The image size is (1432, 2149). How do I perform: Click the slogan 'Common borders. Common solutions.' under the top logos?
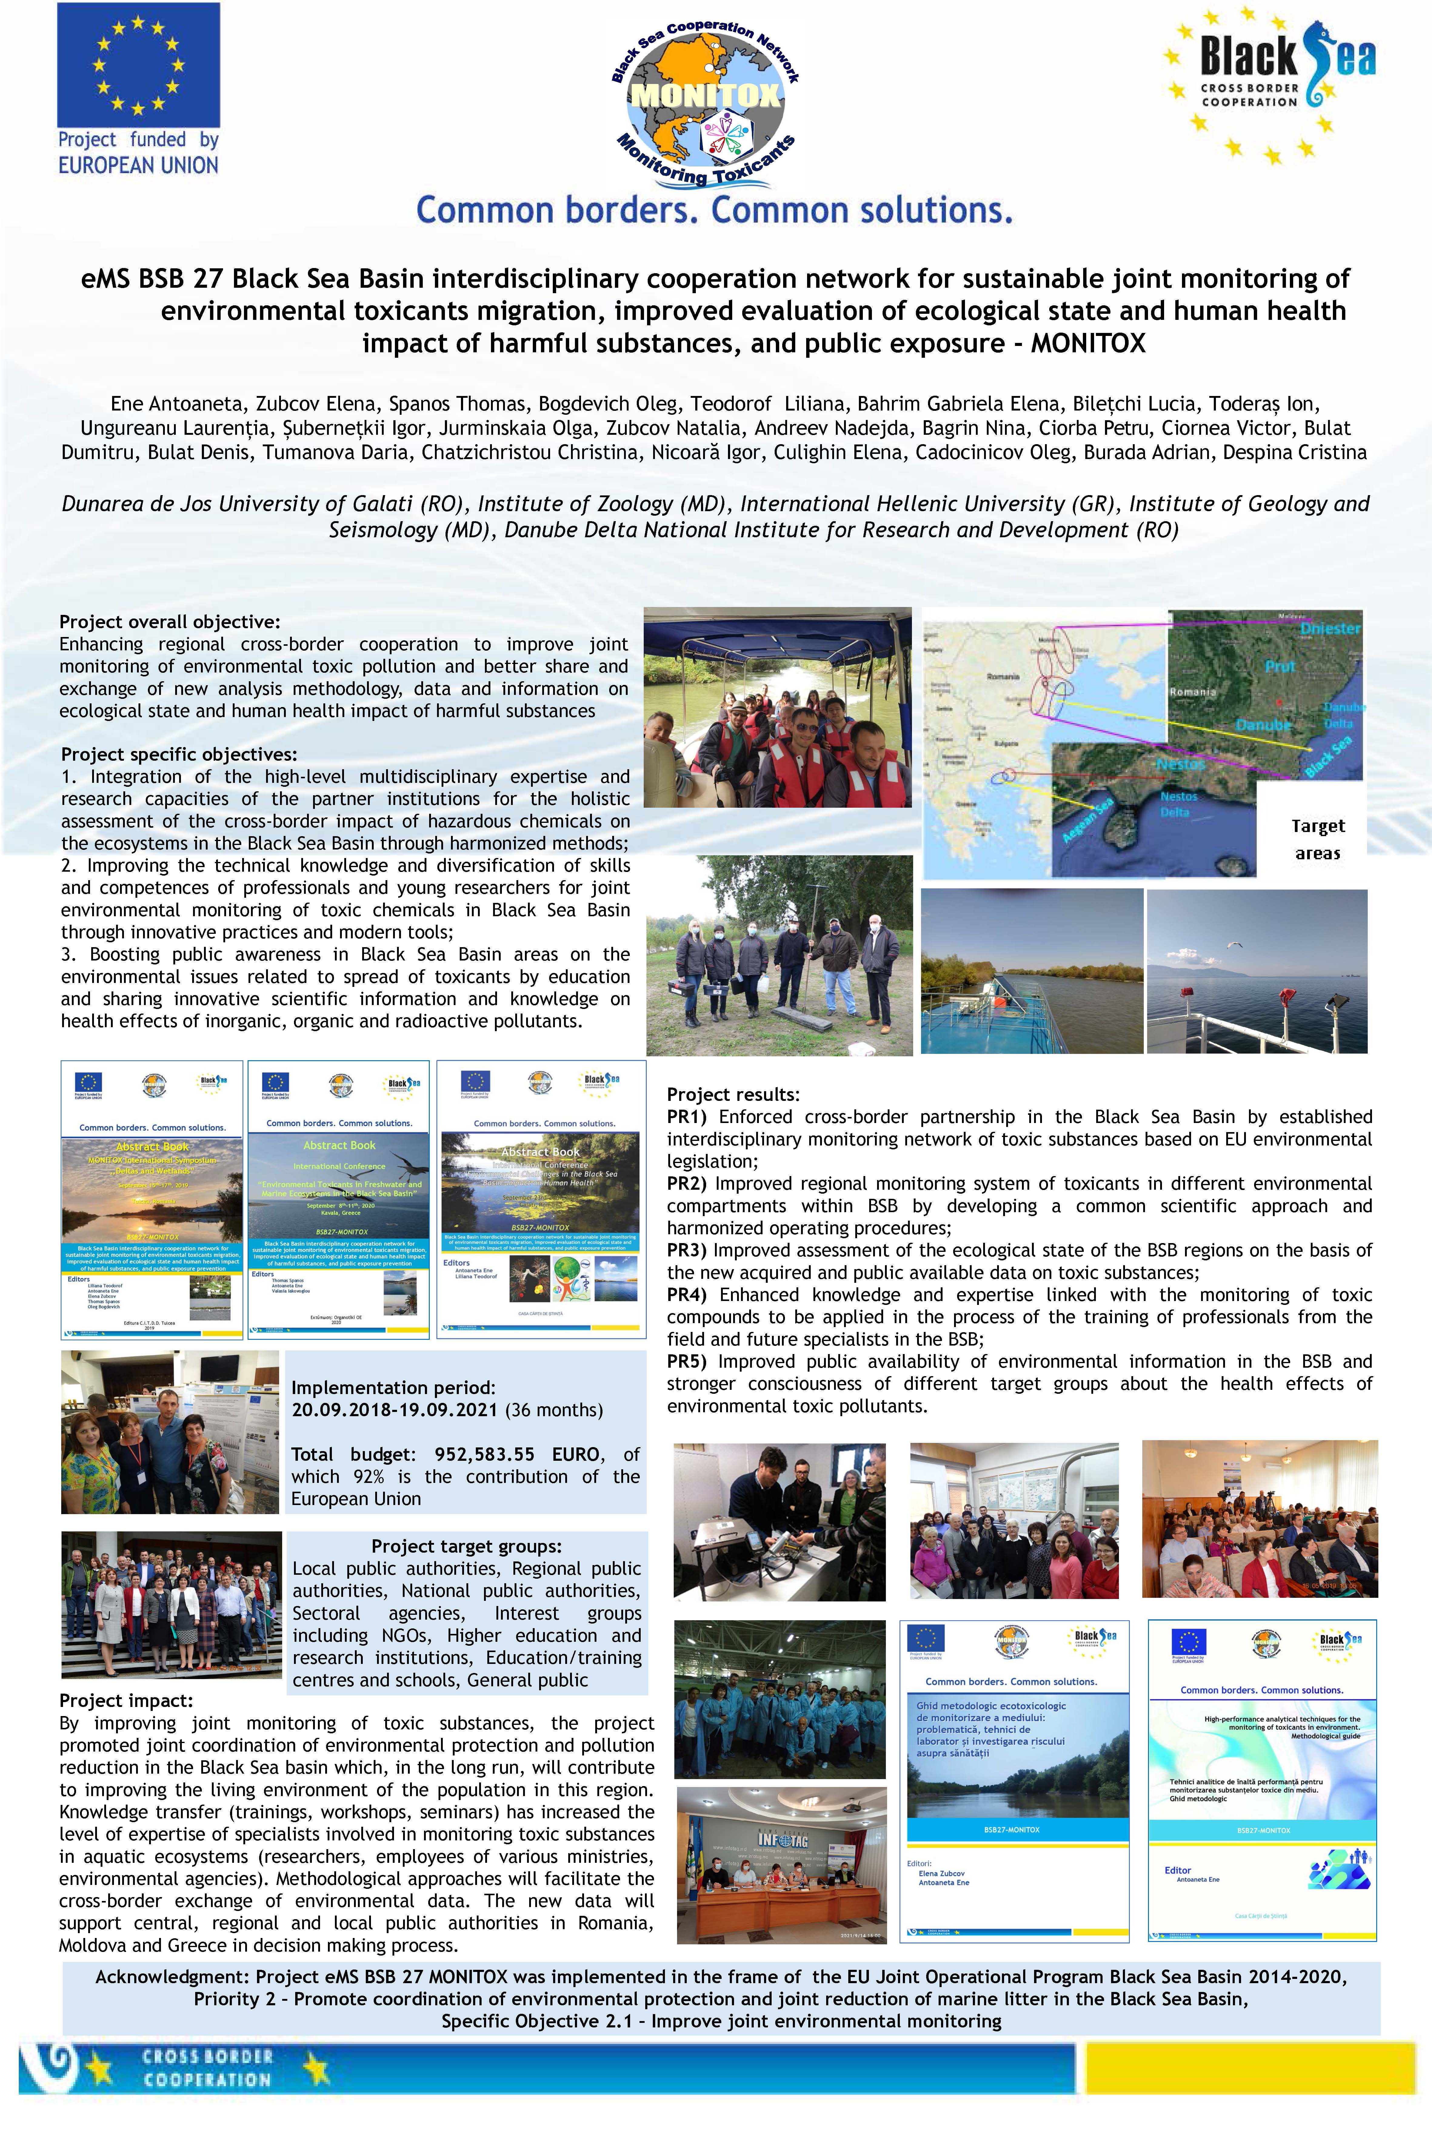[714, 210]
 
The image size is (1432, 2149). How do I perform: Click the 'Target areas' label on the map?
[1317, 839]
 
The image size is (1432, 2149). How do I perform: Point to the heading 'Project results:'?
[733, 1095]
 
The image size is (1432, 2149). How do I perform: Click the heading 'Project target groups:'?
[466, 1547]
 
